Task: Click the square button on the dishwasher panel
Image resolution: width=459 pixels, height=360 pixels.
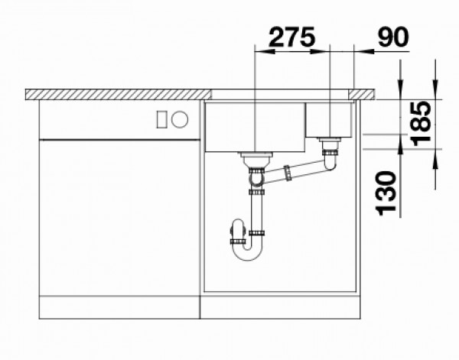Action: coord(162,119)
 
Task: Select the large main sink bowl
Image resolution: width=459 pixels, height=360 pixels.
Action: coord(253,126)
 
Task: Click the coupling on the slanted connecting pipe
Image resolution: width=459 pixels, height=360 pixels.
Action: coord(288,175)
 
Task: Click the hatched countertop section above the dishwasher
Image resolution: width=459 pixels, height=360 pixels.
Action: coord(115,94)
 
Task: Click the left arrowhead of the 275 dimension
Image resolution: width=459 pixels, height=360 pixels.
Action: coord(258,52)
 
